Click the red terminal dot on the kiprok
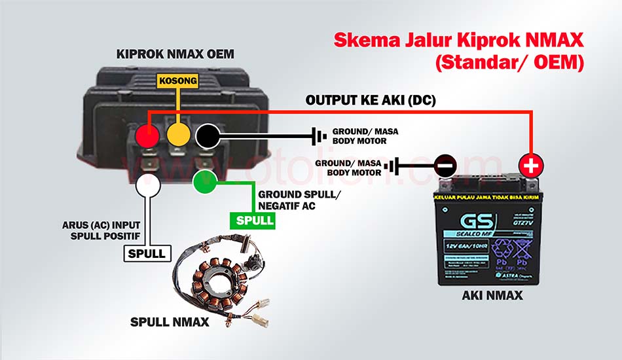point(149,136)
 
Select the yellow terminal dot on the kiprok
point(178,136)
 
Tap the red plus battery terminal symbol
point(531,166)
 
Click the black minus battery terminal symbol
point(444,165)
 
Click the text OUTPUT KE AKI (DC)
point(371,101)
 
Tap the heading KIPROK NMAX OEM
point(175,54)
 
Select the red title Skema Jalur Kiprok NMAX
point(458,40)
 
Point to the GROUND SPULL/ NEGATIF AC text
point(299,201)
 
